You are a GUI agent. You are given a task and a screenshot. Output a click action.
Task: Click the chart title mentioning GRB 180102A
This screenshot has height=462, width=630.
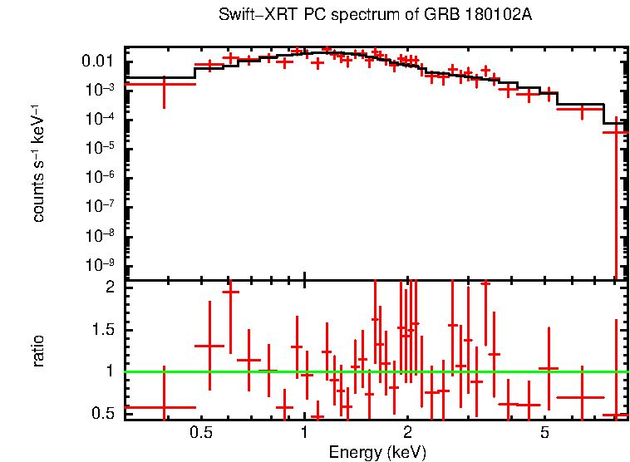coord(375,16)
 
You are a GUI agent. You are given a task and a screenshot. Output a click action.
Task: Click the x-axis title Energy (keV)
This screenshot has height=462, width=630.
coord(377,452)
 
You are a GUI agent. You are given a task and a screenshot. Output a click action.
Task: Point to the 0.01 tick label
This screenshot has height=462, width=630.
coord(99,61)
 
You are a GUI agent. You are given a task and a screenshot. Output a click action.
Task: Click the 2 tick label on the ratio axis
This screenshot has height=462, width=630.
coord(108,288)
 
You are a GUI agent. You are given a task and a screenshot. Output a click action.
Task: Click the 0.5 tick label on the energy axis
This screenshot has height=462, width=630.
coord(199,433)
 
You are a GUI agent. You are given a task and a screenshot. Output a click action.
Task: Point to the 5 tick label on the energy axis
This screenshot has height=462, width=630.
coord(544,433)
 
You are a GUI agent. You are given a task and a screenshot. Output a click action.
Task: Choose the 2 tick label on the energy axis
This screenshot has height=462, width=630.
coord(407,433)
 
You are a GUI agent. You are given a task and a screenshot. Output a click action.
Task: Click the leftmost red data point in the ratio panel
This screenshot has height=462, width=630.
coord(164,407)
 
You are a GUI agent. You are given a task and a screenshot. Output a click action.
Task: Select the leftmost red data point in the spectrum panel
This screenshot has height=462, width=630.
coord(164,84)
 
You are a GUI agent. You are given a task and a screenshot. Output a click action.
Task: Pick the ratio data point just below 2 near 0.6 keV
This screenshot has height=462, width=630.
coord(230,292)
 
